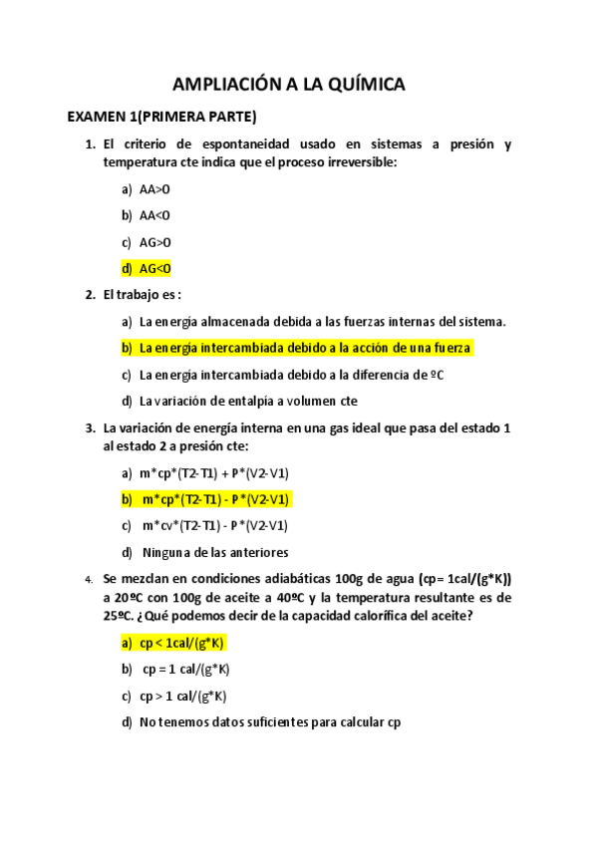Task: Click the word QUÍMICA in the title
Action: coord(355,86)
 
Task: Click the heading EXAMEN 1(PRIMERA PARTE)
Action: coord(161,117)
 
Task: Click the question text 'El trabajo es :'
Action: coord(143,295)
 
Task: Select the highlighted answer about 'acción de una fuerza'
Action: coord(304,348)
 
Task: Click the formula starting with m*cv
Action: coord(215,526)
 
